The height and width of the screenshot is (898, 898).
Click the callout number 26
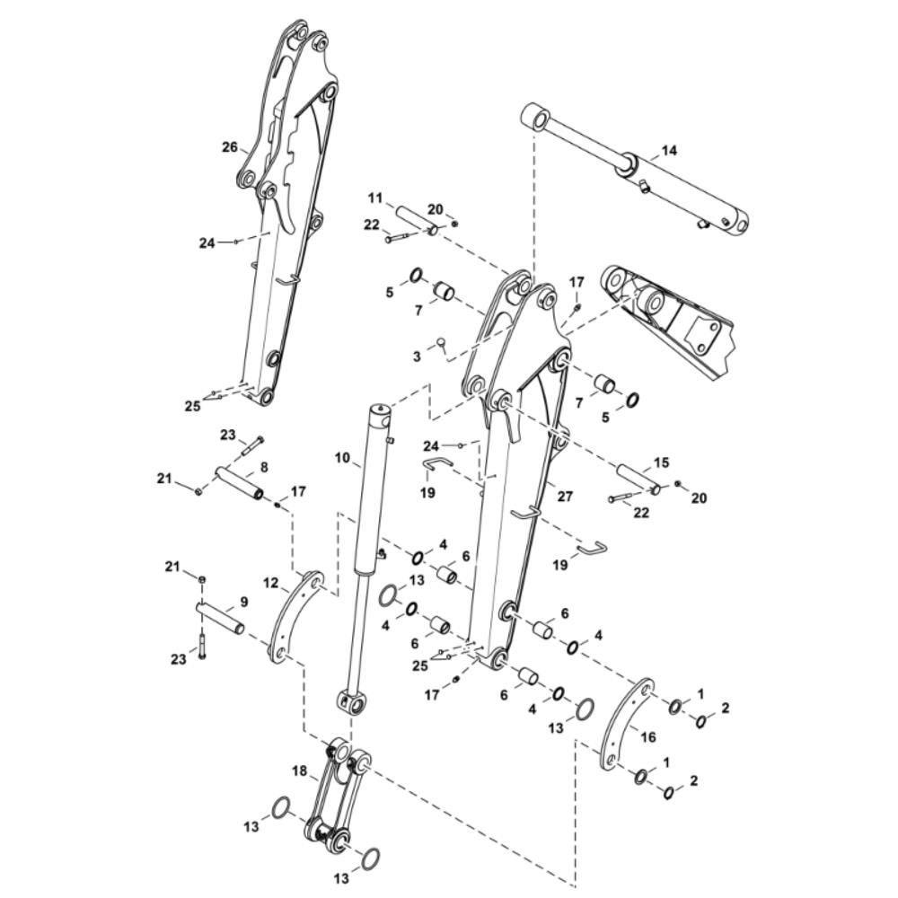(x=230, y=147)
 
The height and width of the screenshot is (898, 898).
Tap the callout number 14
(x=669, y=151)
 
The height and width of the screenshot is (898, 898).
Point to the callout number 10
(x=342, y=458)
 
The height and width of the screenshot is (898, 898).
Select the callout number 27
(x=565, y=497)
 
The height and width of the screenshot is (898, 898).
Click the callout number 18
(x=300, y=770)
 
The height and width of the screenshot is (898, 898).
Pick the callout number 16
(x=647, y=736)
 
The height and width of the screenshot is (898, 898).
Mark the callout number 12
(x=271, y=584)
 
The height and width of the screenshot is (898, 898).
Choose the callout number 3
(x=417, y=357)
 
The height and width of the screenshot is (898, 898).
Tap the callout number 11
(x=375, y=198)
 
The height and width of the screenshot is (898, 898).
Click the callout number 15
(x=661, y=462)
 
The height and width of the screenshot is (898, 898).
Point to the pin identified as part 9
(x=221, y=619)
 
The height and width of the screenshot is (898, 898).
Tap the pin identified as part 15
(x=639, y=479)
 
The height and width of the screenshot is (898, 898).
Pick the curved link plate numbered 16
(x=627, y=725)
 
